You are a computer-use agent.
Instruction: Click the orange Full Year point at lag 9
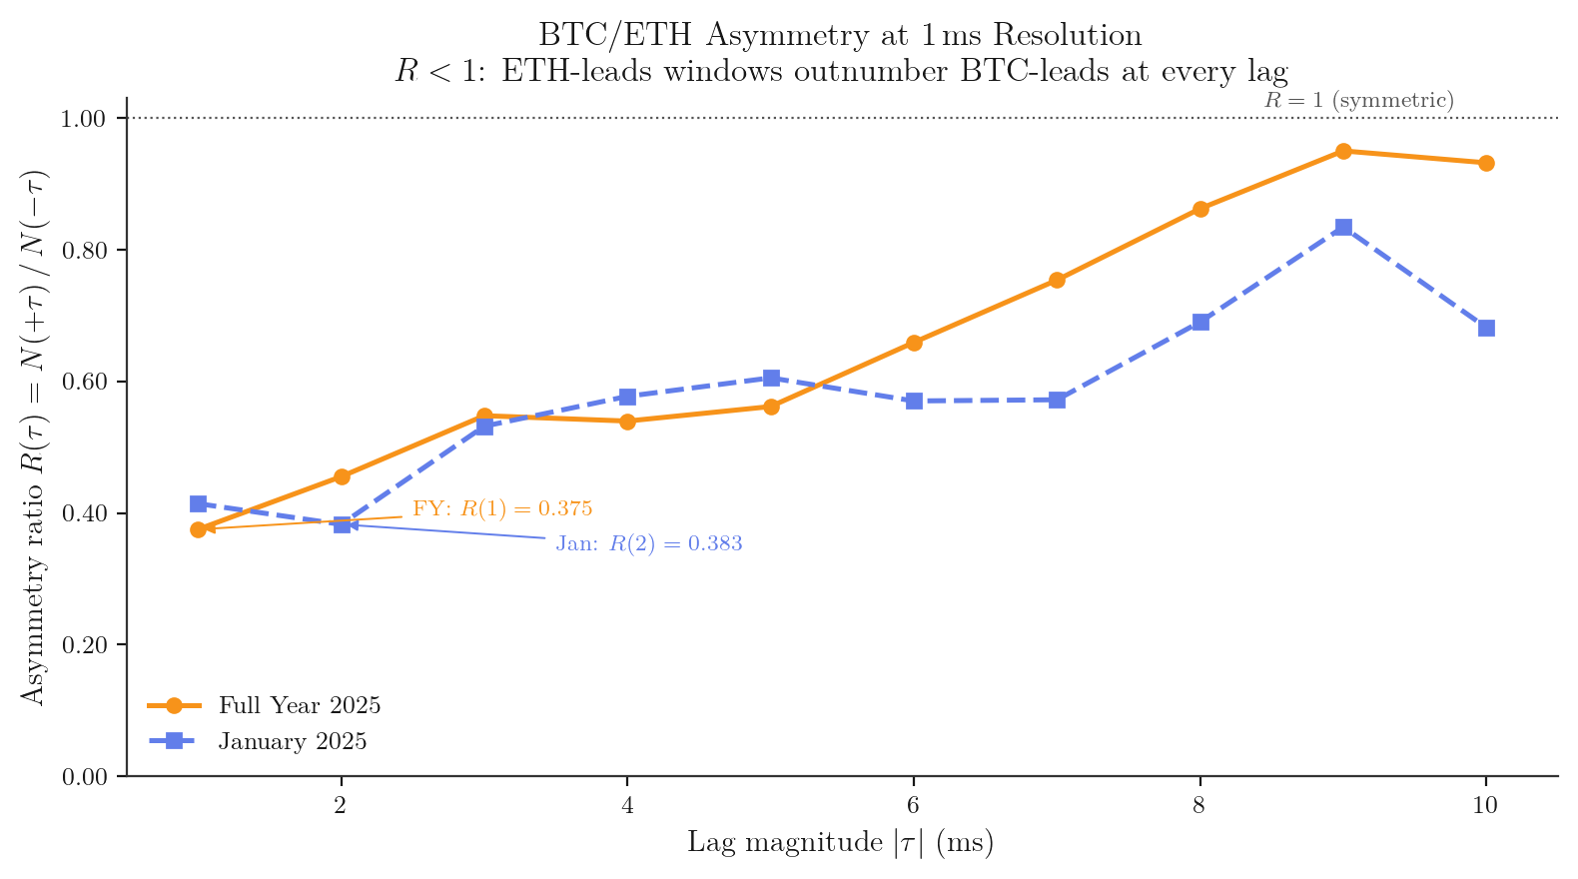pyautogui.click(x=1343, y=151)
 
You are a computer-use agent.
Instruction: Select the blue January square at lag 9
pyautogui.click(x=1343, y=228)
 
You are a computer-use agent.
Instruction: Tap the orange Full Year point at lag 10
pyautogui.click(x=1486, y=163)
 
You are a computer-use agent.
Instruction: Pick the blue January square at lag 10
pyautogui.click(x=1486, y=328)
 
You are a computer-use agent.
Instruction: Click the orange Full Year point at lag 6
pyautogui.click(x=914, y=343)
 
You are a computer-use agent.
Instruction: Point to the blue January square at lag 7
pyautogui.click(x=1057, y=400)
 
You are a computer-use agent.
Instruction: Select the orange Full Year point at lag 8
pyautogui.click(x=1200, y=209)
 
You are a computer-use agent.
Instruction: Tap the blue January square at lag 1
pyautogui.click(x=198, y=504)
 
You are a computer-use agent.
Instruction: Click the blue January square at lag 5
pyautogui.click(x=771, y=378)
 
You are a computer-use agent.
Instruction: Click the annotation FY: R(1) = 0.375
pyautogui.click(x=502, y=508)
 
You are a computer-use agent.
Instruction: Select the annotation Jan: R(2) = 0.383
pyautogui.click(x=649, y=544)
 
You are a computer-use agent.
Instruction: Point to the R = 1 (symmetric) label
pyautogui.click(x=1358, y=100)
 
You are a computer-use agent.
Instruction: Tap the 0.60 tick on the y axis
pyautogui.click(x=84, y=382)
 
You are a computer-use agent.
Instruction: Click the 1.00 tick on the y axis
pyautogui.click(x=84, y=119)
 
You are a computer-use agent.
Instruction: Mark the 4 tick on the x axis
pyautogui.click(x=627, y=805)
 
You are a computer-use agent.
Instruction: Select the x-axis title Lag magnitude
pyautogui.click(x=840, y=843)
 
